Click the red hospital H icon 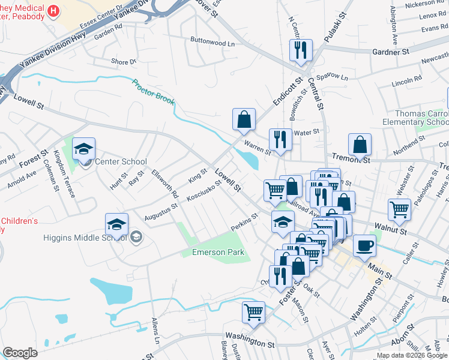click(53, 11)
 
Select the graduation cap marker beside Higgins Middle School click(116, 224)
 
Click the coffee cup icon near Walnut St click(364, 245)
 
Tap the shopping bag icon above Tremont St click(360, 144)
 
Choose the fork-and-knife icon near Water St click(280, 139)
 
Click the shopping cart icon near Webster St click(399, 210)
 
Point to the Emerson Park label click(218, 252)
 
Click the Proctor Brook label click(153, 92)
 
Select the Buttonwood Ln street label click(212, 43)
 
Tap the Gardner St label click(390, 52)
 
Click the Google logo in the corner click(20, 352)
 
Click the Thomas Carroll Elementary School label click(421, 118)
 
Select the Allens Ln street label click(157, 331)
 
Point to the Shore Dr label click(124, 61)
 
